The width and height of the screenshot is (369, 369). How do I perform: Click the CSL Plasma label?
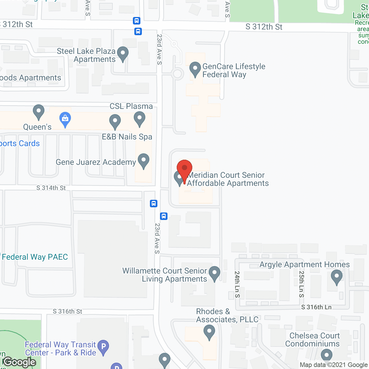pyautogui.click(x=131, y=106)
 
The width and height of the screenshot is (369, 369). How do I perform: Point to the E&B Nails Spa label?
pyautogui.click(x=127, y=137)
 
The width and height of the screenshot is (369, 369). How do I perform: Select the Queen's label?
pyautogui.click(x=37, y=127)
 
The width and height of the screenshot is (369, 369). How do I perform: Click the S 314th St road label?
pyautogui.click(x=51, y=188)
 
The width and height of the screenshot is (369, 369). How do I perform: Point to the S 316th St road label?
pyautogui.click(x=67, y=311)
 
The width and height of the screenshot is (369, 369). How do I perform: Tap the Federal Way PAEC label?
pyautogui.click(x=35, y=257)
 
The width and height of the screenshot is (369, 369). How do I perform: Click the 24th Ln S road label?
pyautogui.click(x=237, y=284)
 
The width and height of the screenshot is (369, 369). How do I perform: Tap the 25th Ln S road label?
pyautogui.click(x=302, y=284)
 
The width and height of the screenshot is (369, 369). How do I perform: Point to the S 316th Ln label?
pyautogui.click(x=316, y=307)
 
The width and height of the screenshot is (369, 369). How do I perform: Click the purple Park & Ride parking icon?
pyautogui.click(x=103, y=347)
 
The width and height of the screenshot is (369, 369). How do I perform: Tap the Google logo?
pyautogui.click(x=20, y=362)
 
